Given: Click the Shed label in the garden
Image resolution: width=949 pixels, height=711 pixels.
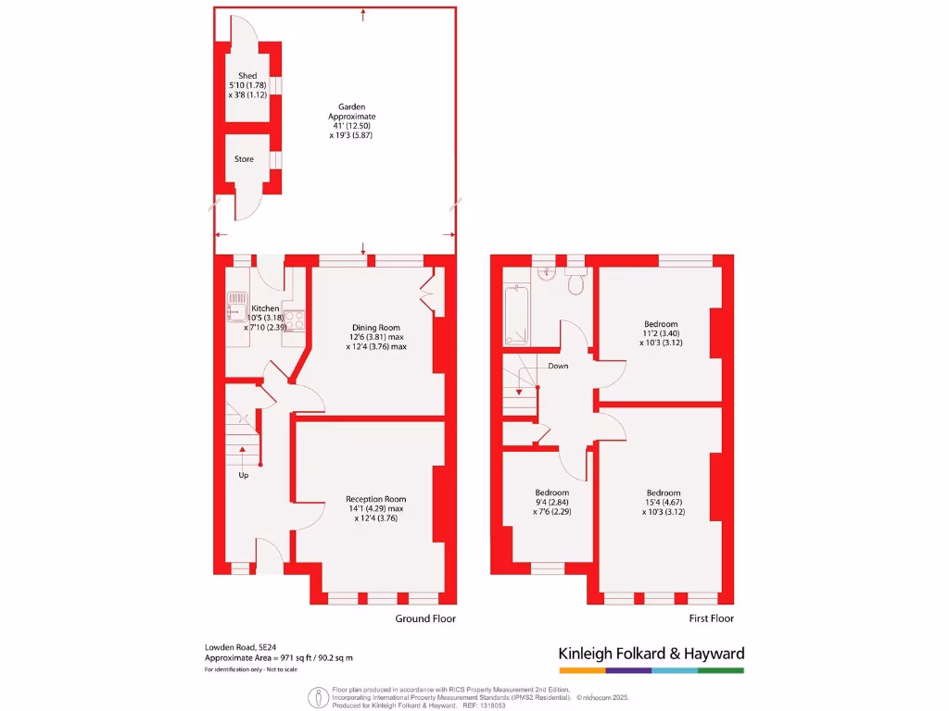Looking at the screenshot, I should (247, 76).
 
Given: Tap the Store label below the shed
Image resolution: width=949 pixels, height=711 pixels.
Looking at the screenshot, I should (244, 159).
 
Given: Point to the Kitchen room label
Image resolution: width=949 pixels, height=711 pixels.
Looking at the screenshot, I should (265, 308).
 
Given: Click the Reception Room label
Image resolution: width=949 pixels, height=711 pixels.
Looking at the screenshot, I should (375, 499).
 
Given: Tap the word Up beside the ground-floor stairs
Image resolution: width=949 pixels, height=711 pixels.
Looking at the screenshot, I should (244, 476).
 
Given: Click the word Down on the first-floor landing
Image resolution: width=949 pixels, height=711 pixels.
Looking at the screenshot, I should (558, 366).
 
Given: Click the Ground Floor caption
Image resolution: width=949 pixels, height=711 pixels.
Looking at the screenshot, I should (425, 618).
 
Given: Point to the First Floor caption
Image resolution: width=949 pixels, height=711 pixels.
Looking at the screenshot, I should (711, 618).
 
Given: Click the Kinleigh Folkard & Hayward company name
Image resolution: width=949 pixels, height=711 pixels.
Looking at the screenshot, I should (651, 654).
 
